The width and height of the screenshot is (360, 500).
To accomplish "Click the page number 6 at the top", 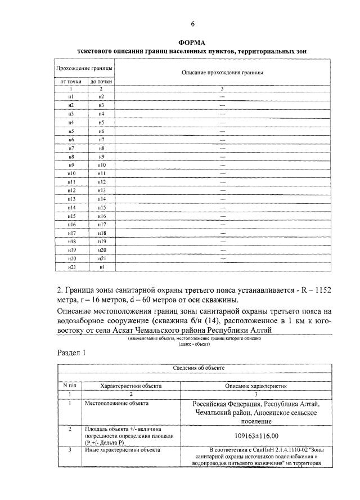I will [192, 24].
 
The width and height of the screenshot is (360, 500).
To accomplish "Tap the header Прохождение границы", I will [84, 68].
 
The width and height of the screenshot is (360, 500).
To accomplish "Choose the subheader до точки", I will [101, 82].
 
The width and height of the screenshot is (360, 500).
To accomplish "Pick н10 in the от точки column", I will [71, 173].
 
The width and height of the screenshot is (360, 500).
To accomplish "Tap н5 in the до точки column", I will [101, 122].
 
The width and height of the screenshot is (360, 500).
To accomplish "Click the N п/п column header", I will [69, 386].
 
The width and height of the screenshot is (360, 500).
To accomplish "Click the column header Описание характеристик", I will [256, 386].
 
